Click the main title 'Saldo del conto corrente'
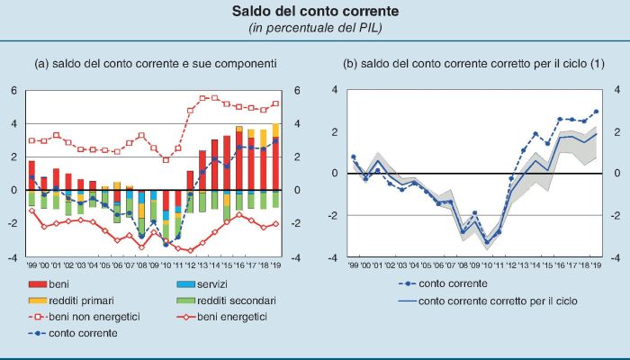[315, 13]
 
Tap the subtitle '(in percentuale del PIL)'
[315, 29]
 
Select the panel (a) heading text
[155, 64]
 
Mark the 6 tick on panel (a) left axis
[13, 90]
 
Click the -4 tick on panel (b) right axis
[616, 257]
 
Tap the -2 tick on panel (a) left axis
[12, 224]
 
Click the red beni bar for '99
[31, 175]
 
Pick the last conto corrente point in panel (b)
[594, 112]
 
